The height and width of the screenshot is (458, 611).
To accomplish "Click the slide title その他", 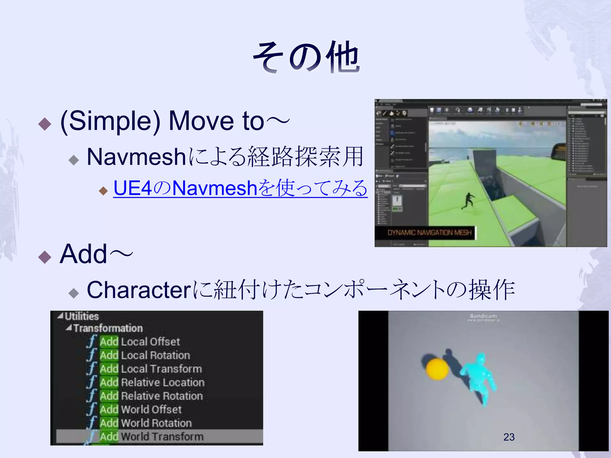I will (306, 57).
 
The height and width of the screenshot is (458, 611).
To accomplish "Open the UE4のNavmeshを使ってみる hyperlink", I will (240, 188).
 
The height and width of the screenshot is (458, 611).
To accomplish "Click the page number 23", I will (509, 437).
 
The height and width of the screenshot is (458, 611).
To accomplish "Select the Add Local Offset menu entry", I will (140, 341).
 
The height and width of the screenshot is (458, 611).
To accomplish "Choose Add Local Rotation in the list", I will (145, 355).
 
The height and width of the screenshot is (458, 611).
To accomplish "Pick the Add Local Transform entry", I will (151, 369).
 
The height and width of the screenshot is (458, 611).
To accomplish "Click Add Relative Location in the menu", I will (152, 382).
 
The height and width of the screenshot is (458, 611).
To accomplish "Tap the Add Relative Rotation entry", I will (151, 396).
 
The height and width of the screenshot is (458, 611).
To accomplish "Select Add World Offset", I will (141, 409).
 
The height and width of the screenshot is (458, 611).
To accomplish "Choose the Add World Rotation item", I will (146, 423).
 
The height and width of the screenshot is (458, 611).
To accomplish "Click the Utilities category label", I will (81, 316).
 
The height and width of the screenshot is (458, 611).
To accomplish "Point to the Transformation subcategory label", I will (108, 328).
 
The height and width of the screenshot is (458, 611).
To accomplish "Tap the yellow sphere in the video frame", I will (437, 369).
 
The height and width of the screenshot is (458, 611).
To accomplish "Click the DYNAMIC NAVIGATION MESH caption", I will (429, 233).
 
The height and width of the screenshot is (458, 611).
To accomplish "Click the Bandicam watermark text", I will (483, 316).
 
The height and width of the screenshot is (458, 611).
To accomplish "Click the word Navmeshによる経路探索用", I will (225, 157).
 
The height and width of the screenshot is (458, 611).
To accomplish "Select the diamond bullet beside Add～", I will (45, 257).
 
